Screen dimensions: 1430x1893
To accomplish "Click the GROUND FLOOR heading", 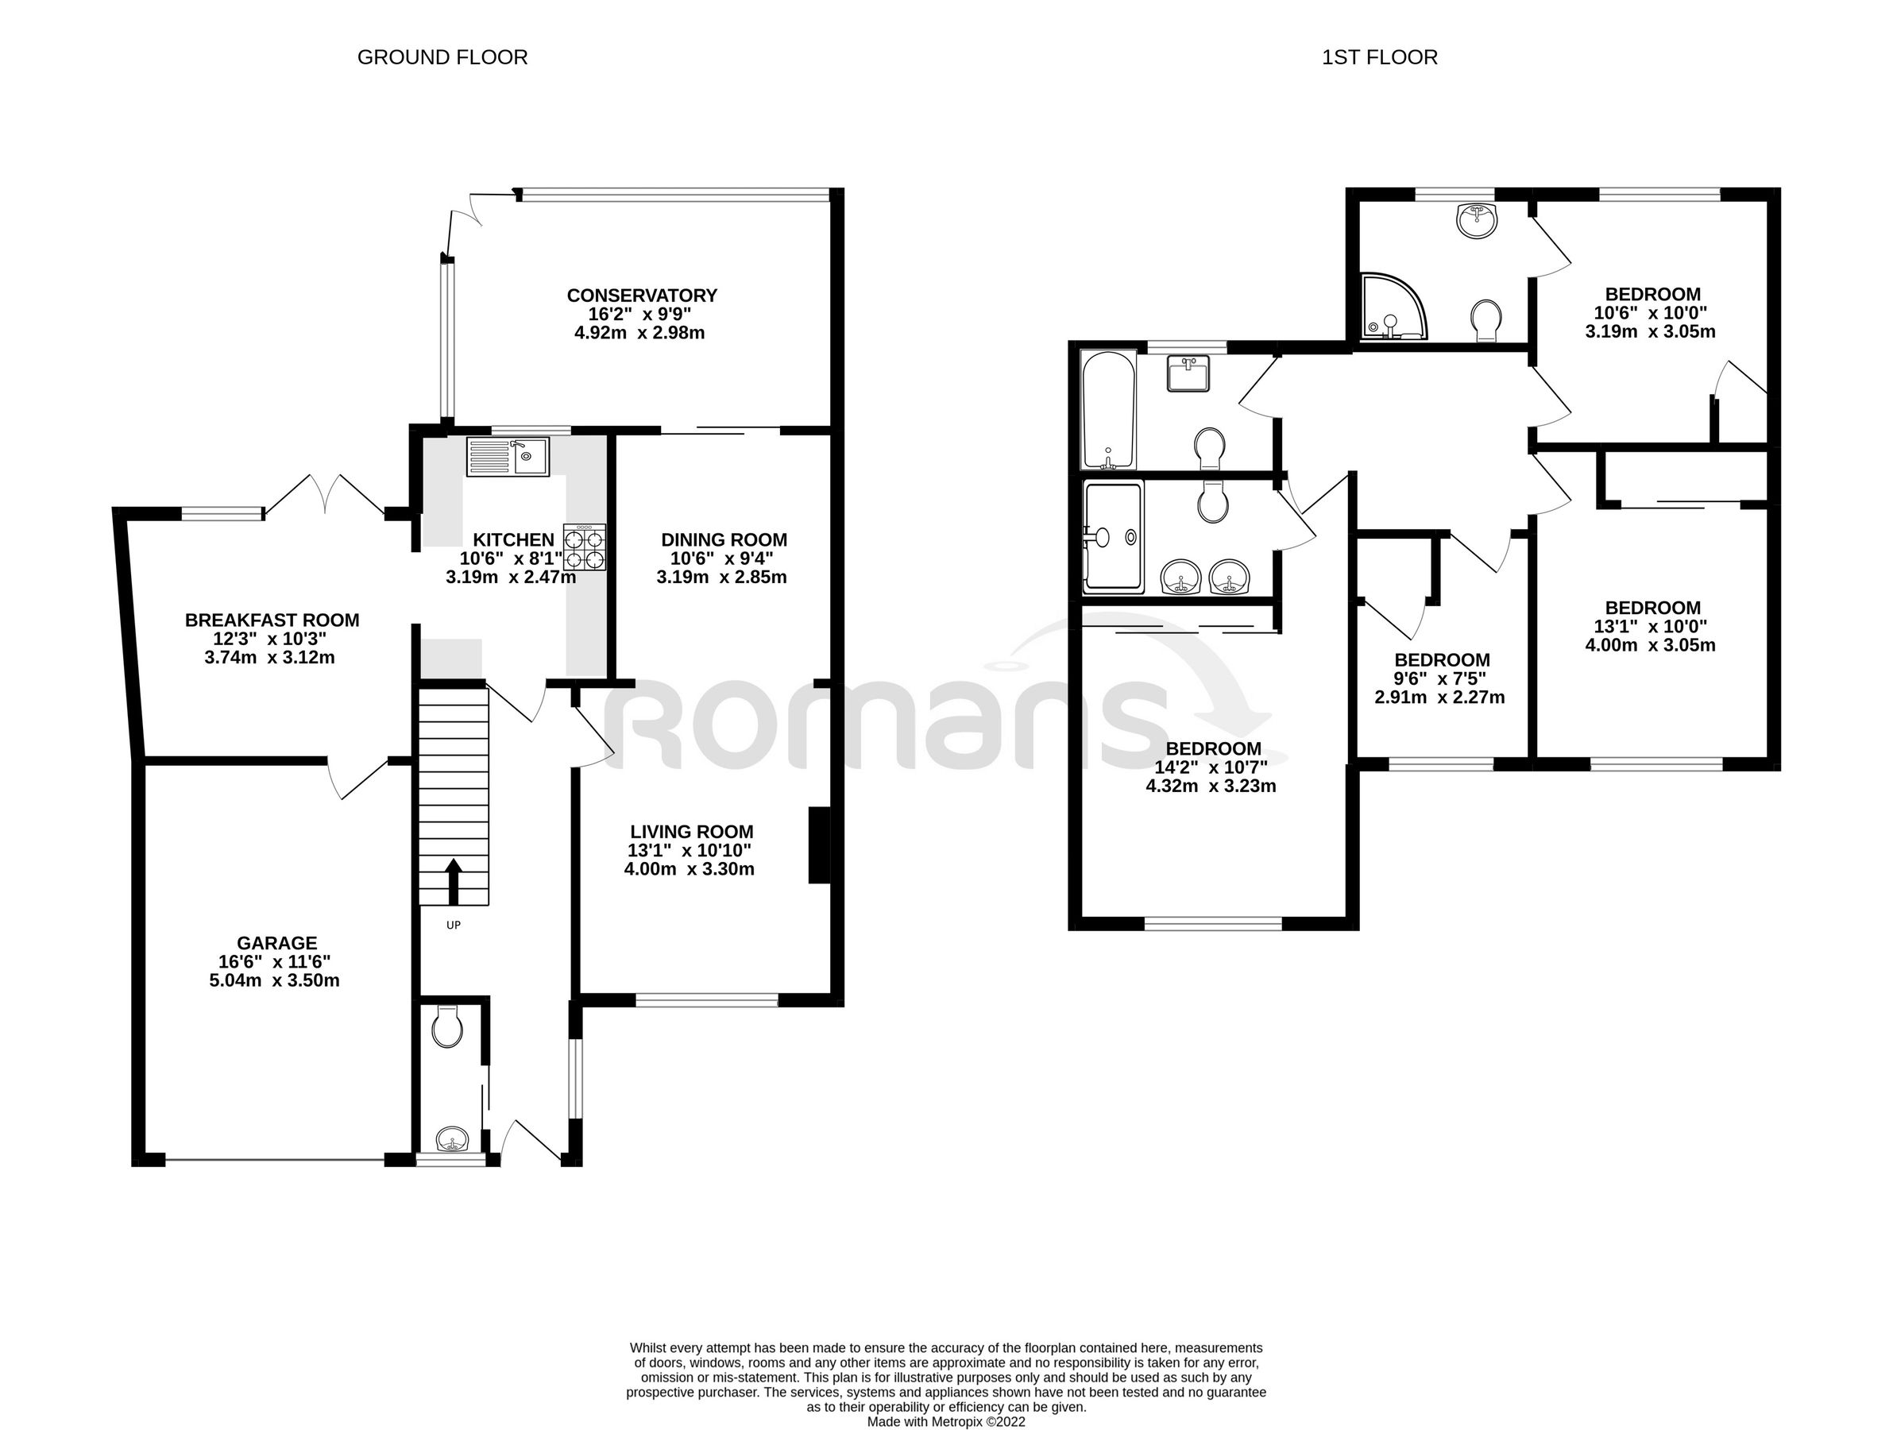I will [x=442, y=57].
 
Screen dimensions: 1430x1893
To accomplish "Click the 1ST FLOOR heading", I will [x=1379, y=57].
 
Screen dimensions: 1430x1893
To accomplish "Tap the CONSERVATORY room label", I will [x=641, y=296].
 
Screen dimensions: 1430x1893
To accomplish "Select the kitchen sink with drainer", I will [x=508, y=456].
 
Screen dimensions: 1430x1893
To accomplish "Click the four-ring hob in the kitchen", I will [x=584, y=547].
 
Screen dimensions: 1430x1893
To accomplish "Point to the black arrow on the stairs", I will [x=454, y=882].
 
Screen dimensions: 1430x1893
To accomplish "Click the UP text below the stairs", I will [x=454, y=925].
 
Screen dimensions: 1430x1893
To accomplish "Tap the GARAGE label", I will [x=276, y=943].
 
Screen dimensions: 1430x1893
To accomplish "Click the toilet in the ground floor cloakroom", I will [x=446, y=1027].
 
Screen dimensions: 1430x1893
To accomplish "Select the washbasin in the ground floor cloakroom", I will [x=453, y=1140].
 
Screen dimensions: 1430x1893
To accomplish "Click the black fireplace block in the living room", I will [x=819, y=844].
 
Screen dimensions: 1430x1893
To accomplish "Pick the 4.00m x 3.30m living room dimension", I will [x=689, y=869].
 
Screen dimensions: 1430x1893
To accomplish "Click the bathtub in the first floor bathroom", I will [x=1108, y=410].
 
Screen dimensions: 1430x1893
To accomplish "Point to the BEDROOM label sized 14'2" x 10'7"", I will [x=1213, y=749].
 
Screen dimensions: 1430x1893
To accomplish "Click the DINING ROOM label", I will [x=723, y=540].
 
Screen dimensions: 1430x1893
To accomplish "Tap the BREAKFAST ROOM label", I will [x=272, y=620].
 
